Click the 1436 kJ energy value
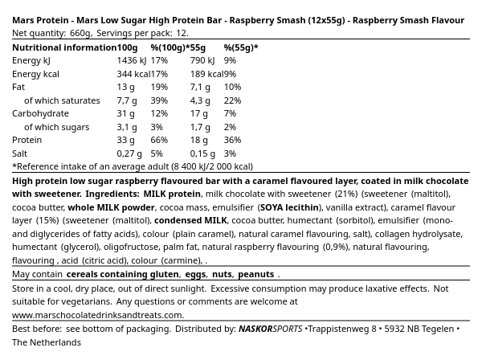(x=132, y=60)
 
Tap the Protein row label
(x=27, y=140)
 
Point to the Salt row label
(x=19, y=153)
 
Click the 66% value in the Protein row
(x=159, y=140)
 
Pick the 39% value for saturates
(x=159, y=100)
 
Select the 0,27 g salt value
(x=129, y=153)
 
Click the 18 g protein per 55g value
(x=199, y=140)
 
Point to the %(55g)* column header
(x=241, y=47)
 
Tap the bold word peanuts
(x=255, y=274)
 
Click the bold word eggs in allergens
(x=195, y=274)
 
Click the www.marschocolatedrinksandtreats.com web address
(x=98, y=315)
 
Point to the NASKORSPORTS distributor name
(x=270, y=329)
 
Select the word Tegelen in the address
(x=435, y=329)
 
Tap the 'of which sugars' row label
(x=56, y=127)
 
